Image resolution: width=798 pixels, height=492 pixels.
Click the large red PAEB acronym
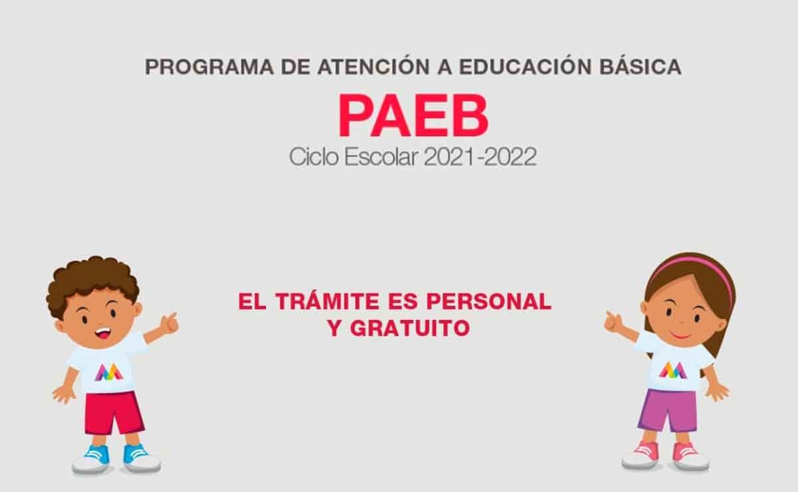413,116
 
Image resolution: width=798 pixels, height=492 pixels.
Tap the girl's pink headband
698,266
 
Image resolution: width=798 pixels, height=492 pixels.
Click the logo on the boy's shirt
109,372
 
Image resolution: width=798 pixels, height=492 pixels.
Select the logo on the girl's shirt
672,370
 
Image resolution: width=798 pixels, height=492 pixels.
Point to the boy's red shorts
113,412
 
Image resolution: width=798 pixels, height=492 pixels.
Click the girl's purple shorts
668,410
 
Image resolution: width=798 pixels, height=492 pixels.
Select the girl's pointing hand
612,322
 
